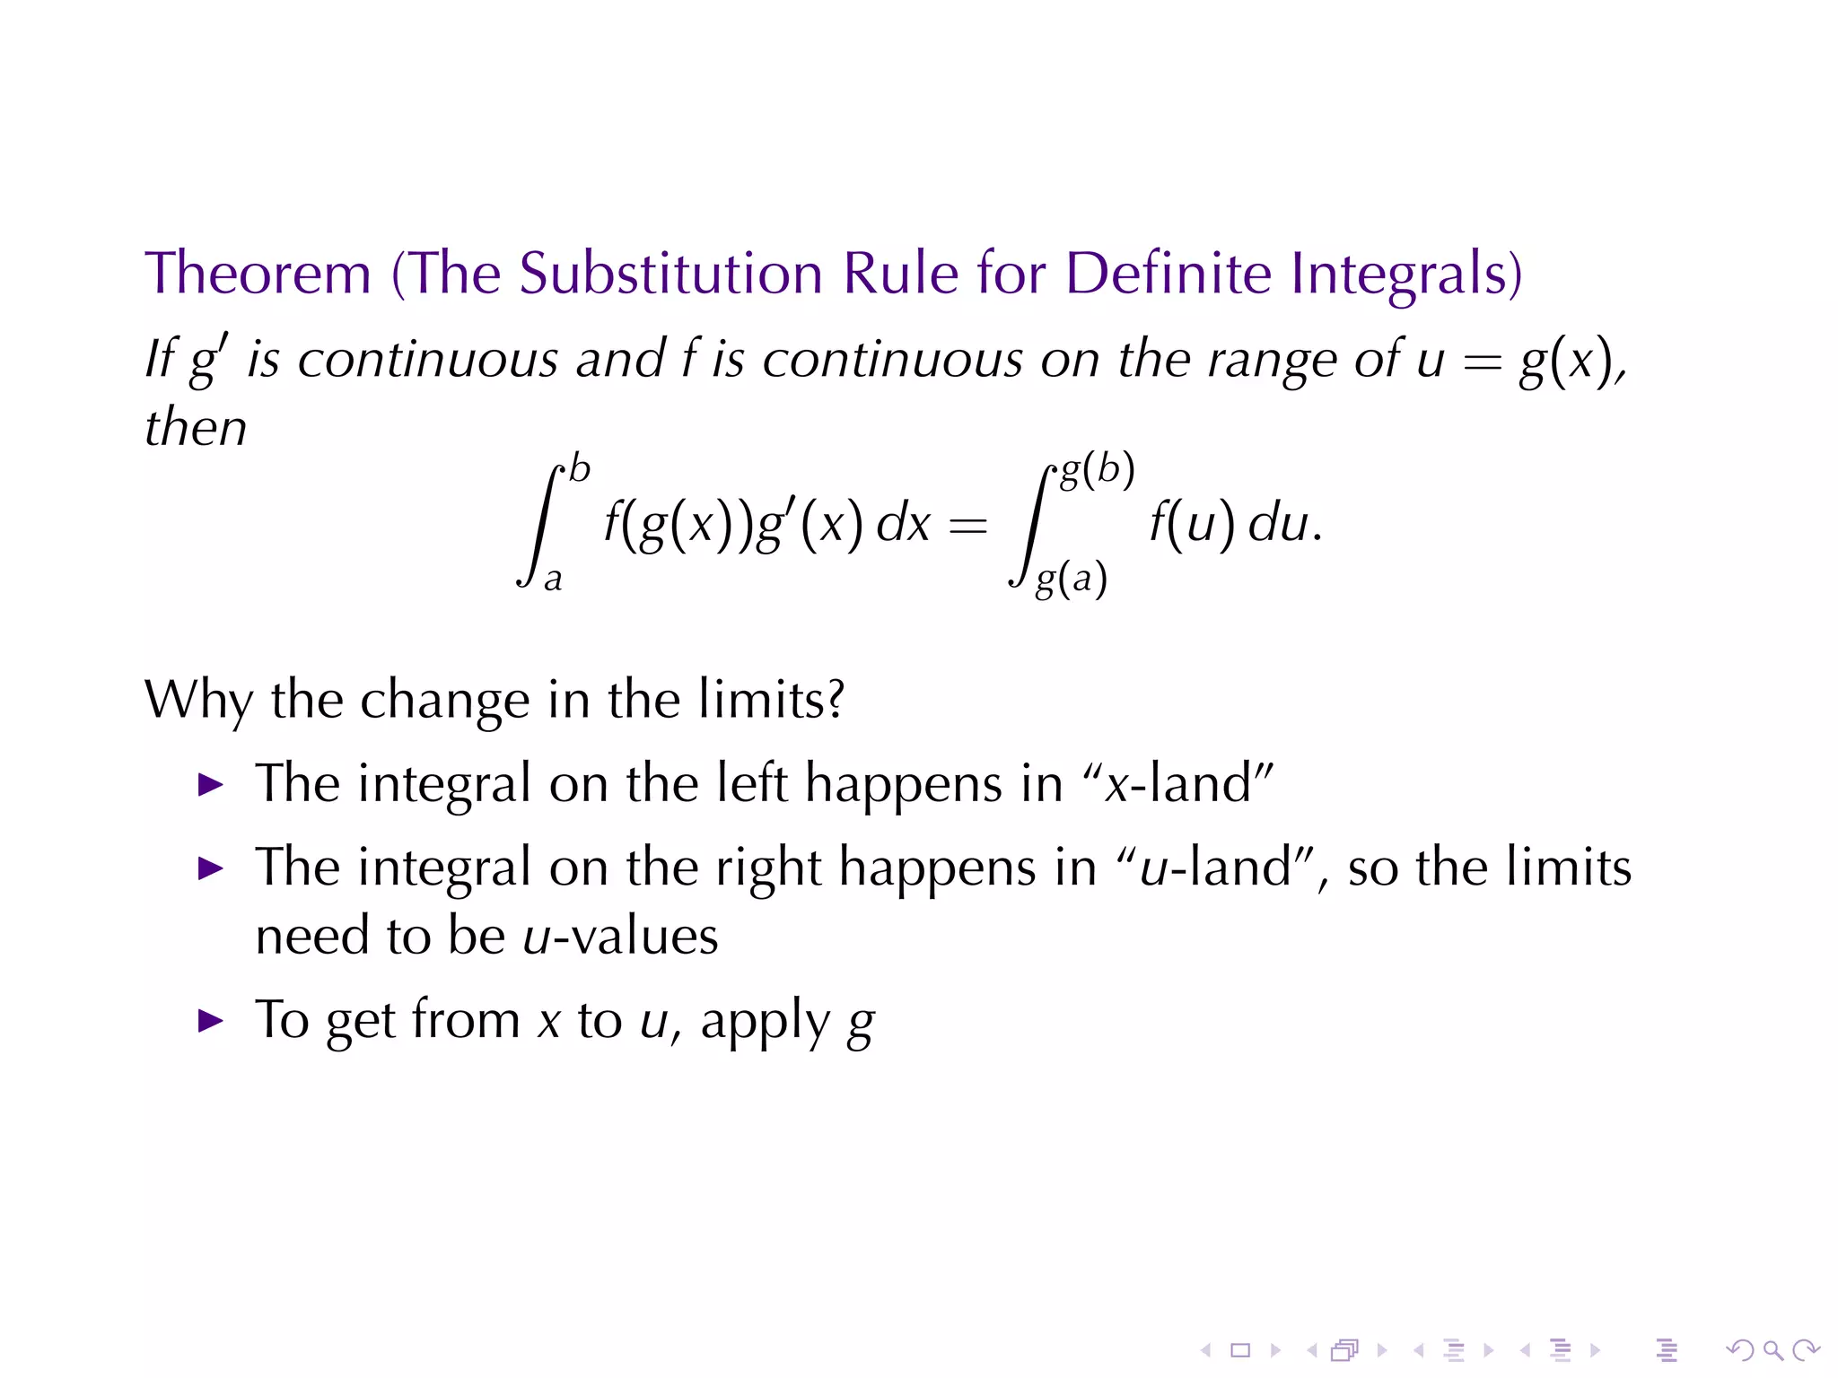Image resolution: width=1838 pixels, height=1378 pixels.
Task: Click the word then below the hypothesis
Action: point(196,427)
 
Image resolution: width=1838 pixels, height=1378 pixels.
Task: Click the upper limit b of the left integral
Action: point(580,469)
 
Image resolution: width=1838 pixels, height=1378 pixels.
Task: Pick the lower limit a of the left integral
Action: point(553,579)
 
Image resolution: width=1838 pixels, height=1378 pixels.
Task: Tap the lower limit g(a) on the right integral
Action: point(1071,579)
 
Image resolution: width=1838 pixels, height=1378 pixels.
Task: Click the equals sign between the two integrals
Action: point(967,525)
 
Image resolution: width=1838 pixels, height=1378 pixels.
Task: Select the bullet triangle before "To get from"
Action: point(210,1020)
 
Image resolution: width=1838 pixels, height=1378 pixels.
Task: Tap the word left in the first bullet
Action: point(752,783)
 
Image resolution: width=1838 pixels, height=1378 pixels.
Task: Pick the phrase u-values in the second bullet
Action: point(620,937)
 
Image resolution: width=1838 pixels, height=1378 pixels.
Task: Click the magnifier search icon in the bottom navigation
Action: point(1772,1349)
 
